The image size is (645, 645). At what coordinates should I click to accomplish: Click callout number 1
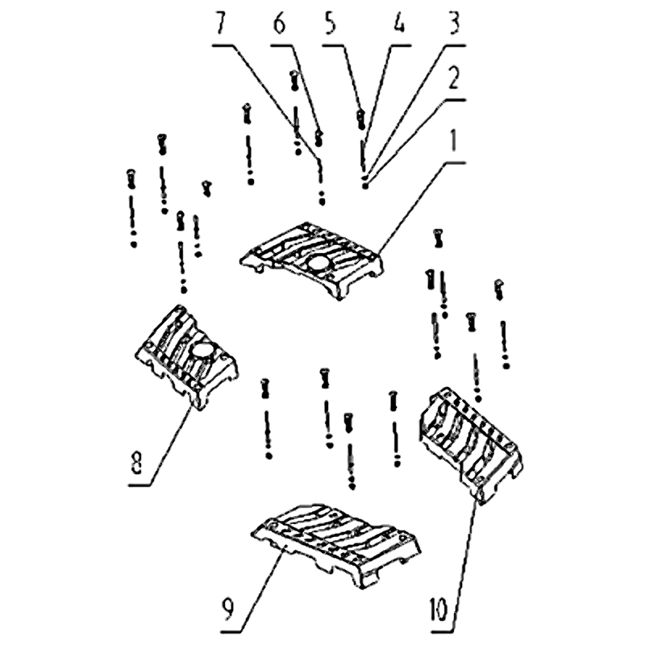[453, 141]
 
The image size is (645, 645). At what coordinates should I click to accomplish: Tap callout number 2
[453, 78]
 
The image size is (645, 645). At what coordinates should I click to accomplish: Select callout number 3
[453, 23]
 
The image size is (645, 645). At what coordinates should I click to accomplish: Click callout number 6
[279, 23]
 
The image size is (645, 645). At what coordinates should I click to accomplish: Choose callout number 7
[222, 23]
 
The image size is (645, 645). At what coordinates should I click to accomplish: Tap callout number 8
[137, 461]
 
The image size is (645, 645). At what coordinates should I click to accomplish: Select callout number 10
[438, 610]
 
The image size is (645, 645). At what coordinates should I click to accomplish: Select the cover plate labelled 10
[470, 444]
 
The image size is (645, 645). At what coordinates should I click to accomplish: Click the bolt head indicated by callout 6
[318, 137]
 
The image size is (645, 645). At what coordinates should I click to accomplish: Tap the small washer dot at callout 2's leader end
[365, 186]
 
